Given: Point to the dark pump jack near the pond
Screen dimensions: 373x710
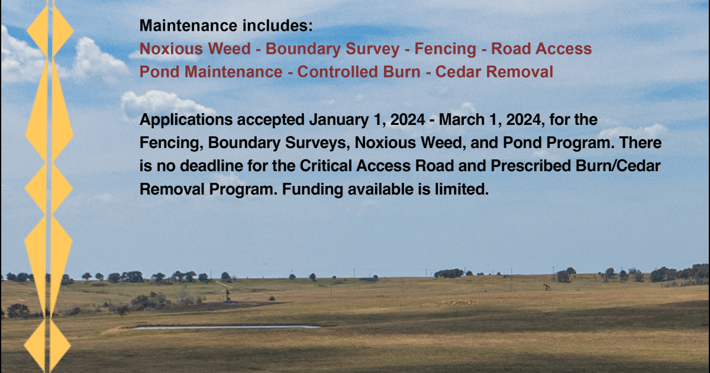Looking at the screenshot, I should tap(227, 295).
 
